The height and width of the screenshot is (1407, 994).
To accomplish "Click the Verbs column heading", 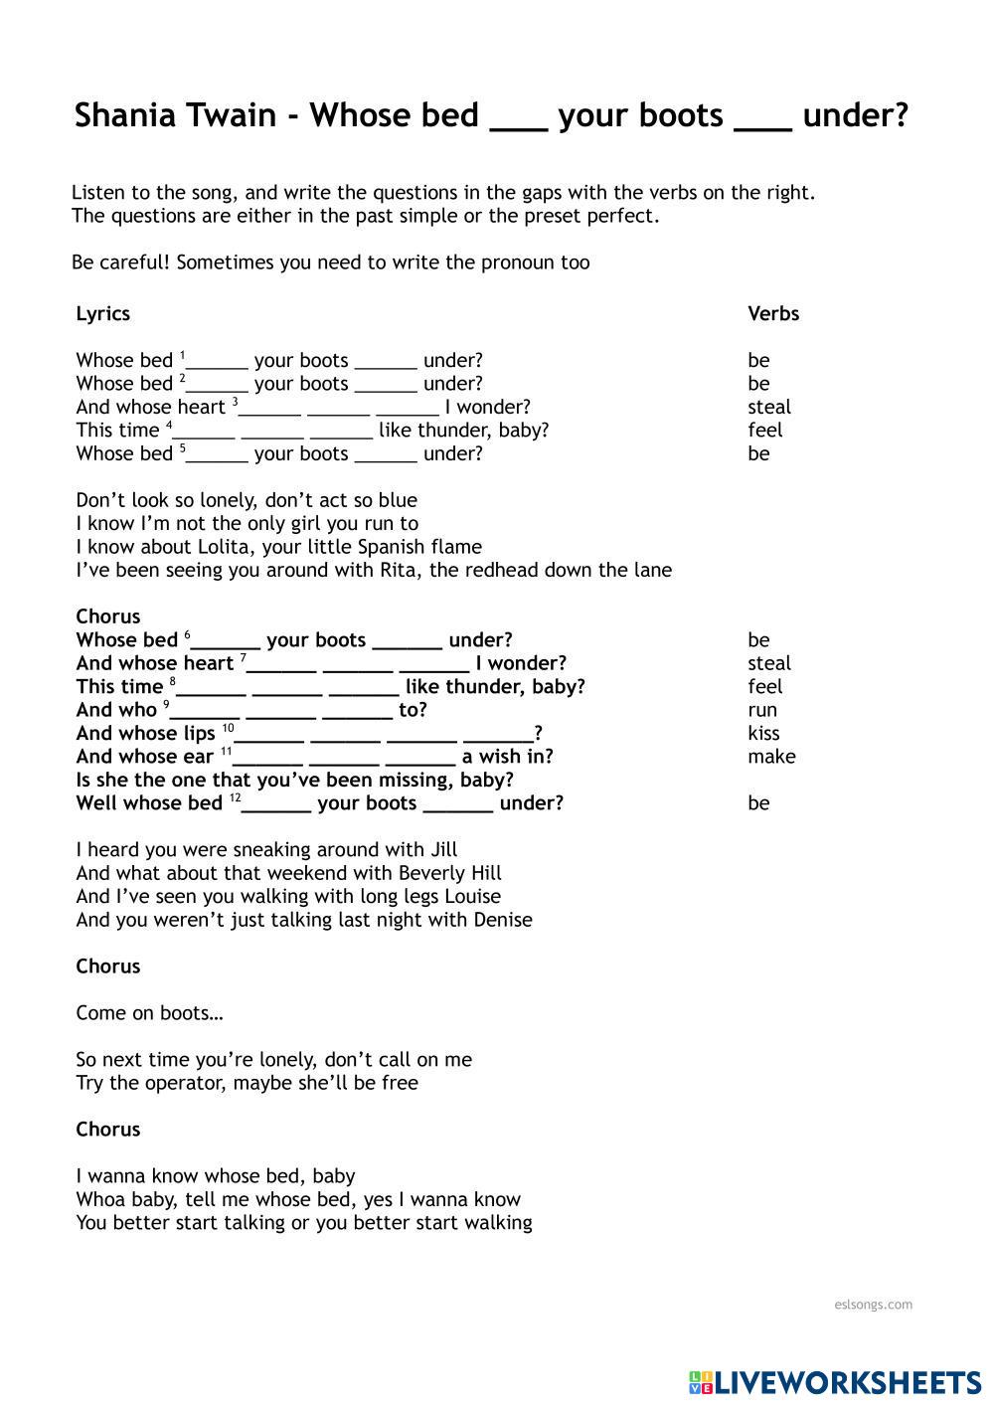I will [x=773, y=313].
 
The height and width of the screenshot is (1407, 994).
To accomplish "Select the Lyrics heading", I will [x=102, y=313].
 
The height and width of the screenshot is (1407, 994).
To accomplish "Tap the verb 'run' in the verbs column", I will [x=762, y=710].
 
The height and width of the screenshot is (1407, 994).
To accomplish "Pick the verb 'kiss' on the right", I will [x=763, y=733].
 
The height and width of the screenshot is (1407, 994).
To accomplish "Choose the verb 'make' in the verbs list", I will [x=771, y=757].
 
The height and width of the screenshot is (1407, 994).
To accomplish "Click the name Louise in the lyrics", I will [x=470, y=896].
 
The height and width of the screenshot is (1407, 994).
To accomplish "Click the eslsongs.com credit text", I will [x=874, y=1305].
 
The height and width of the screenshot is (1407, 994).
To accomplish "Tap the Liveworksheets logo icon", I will [x=701, y=1381].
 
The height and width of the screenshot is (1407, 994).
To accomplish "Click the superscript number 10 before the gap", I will [x=228, y=728].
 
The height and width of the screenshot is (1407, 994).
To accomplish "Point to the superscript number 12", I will [x=235, y=797].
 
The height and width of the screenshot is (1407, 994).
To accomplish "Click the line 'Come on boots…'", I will [x=149, y=1013].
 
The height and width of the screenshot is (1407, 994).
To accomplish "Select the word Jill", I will [x=443, y=850].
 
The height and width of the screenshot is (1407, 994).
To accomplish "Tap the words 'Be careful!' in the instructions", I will [x=119, y=263].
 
